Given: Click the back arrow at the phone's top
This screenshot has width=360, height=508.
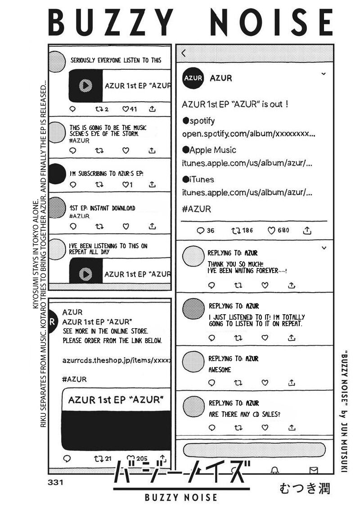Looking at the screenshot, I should point(184,53).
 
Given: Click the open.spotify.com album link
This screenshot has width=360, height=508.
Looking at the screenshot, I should point(248,134).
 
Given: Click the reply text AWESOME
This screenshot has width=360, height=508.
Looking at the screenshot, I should point(220,370).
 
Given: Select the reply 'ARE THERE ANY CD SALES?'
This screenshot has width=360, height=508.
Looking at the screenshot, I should point(244,414).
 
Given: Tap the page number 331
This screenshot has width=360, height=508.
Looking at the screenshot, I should point(54,482).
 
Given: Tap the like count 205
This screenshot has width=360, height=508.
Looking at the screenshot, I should point(141,458).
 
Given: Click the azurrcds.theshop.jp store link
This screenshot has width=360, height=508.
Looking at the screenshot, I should point(116,360).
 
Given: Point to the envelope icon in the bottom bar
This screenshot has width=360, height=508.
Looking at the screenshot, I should point(313,470).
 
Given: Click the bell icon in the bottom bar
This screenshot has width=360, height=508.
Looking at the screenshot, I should point(274,470).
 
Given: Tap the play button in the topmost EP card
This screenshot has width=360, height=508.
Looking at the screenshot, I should point(85,85).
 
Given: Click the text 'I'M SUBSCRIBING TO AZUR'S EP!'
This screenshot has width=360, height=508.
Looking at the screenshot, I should point(107,173).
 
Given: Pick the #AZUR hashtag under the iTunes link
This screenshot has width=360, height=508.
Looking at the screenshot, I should point(197,209).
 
